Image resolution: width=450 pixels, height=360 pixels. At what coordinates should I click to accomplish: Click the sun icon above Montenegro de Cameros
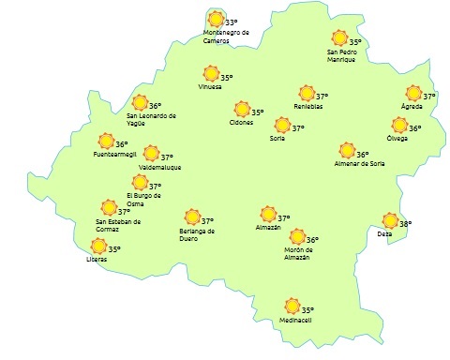click(217, 19)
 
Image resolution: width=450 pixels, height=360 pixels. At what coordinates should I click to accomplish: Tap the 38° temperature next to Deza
click(406, 223)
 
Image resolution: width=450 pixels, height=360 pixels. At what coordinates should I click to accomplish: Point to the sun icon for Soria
click(281, 125)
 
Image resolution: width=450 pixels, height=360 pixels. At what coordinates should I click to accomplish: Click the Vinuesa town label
click(210, 87)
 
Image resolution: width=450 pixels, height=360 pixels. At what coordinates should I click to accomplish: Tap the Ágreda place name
click(412, 106)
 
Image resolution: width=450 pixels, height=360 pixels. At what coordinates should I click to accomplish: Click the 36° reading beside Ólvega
click(415, 128)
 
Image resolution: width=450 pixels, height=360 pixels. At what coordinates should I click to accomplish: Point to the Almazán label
click(268, 227)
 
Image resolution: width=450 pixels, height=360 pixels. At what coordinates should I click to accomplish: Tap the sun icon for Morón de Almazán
click(297, 237)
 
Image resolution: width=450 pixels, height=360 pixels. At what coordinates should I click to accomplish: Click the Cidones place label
click(242, 123)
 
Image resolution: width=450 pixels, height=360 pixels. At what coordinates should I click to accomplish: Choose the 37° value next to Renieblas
click(322, 97)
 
